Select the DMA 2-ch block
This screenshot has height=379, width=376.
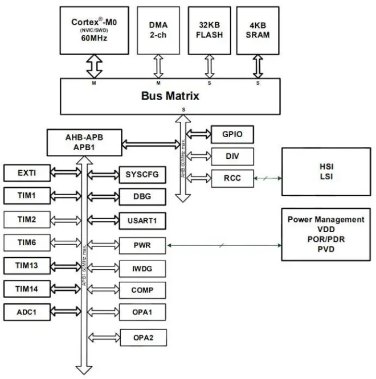158,30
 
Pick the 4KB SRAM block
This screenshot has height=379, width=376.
258,30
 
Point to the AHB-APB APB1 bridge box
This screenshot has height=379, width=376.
85,139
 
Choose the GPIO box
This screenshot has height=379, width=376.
231,134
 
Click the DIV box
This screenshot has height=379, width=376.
231,156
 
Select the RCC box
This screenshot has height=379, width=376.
231,178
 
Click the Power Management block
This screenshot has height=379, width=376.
325,234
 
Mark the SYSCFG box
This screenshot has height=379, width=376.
142,174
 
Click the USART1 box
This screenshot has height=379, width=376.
142,220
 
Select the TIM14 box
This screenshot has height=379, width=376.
27,289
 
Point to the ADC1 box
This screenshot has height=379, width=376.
27,311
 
